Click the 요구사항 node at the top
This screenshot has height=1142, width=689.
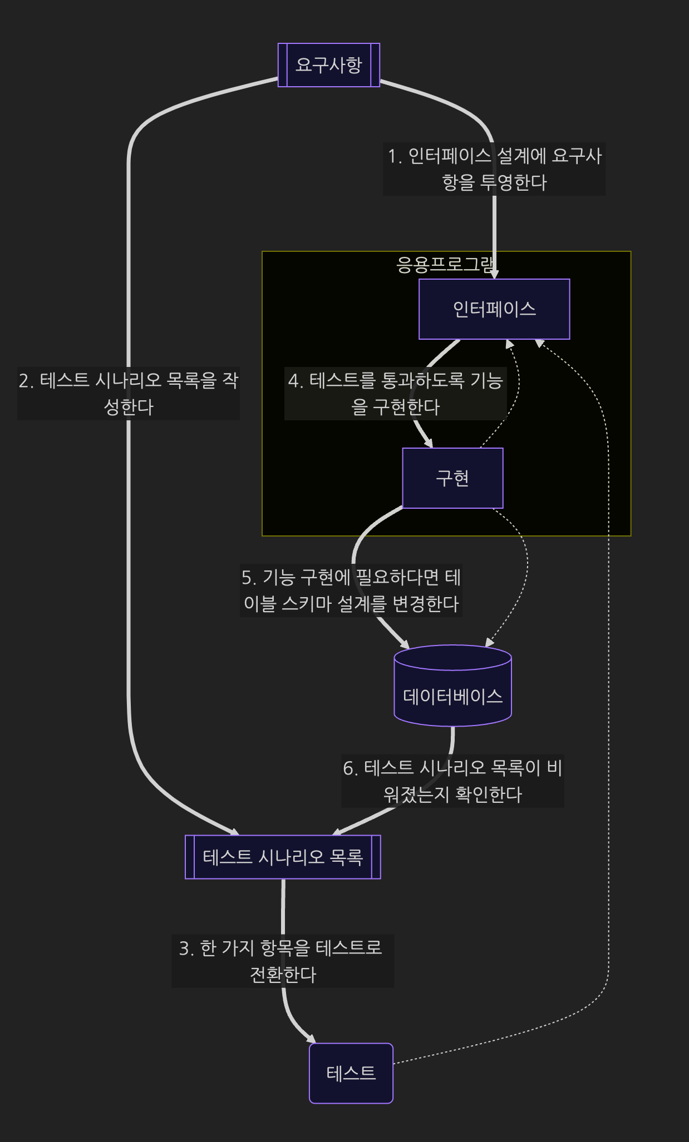point(328,65)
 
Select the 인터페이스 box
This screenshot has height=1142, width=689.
point(494,309)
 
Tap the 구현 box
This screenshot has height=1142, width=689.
point(452,478)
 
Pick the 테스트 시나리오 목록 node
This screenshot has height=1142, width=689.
point(283,857)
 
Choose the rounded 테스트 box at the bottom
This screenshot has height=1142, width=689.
point(351,1073)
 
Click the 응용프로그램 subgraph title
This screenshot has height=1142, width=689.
point(446,264)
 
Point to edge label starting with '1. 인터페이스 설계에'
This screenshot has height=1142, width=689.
point(494,169)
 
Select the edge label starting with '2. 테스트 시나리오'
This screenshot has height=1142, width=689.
point(129,393)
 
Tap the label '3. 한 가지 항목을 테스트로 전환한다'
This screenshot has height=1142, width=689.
point(283,961)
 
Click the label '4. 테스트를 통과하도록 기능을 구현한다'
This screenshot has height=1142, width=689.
point(395,393)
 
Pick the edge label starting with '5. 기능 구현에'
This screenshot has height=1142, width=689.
point(351,590)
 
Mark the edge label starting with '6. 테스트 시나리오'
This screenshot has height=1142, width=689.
point(452,781)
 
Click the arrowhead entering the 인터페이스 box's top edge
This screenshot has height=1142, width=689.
point(494,274)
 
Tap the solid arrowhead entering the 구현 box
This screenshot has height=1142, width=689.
point(429,444)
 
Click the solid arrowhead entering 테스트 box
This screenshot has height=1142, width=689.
point(311,1039)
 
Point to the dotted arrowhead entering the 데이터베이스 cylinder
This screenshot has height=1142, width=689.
point(489,643)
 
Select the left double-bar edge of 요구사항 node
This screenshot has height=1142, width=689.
point(283,65)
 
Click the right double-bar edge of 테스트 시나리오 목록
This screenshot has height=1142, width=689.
point(376,857)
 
